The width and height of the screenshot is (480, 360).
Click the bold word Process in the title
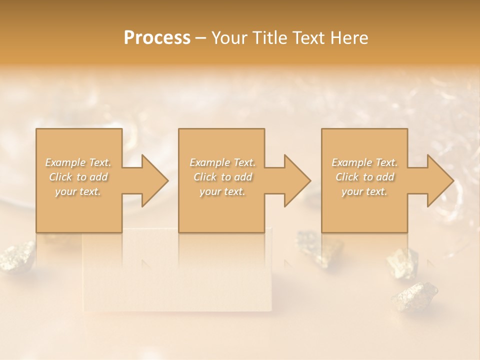tap(157, 38)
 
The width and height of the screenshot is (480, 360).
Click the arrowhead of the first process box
tap(154, 180)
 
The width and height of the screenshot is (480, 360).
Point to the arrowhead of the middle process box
tap(296, 180)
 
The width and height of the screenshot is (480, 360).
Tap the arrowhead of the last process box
tap(439, 180)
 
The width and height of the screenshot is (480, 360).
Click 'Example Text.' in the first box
tap(78, 162)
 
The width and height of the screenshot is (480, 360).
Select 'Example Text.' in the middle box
tap(222, 162)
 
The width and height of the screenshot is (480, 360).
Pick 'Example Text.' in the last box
tap(364, 162)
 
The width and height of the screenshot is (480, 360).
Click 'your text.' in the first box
tap(78, 191)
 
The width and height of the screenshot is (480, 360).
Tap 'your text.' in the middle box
tap(222, 191)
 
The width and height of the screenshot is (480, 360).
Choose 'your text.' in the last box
tap(364, 191)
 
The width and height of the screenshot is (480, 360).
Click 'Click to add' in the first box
tap(78, 177)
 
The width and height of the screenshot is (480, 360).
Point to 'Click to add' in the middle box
tap(222, 177)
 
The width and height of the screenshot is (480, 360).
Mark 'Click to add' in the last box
tap(364, 177)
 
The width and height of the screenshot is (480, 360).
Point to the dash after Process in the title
tap(200, 38)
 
